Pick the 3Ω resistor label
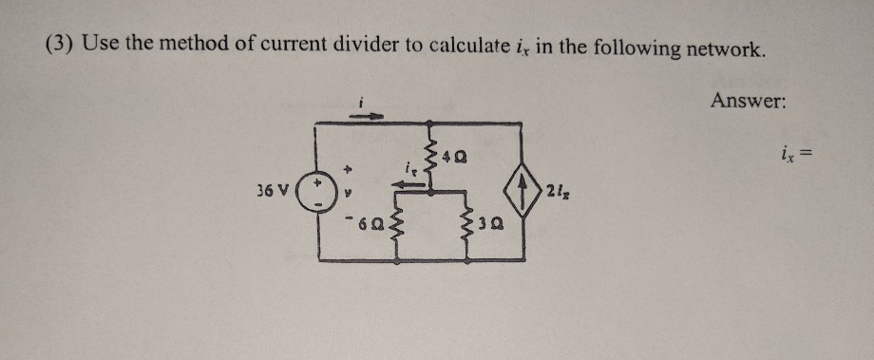point(484,228)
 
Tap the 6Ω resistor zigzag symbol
point(392,227)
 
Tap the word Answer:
point(747,100)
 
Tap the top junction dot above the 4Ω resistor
point(432,123)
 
